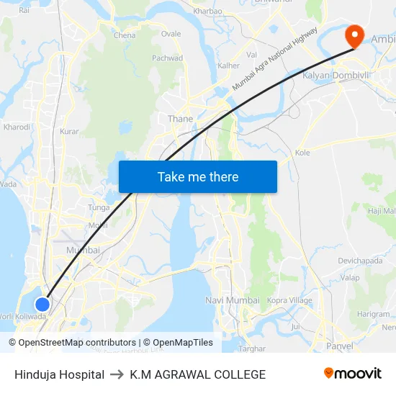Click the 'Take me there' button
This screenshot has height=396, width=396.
198,176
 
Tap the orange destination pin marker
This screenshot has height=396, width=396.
355,36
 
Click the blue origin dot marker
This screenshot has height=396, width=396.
42,305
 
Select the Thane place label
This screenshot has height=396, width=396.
180,119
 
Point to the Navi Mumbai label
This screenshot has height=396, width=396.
233,300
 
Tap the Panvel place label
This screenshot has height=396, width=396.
339,346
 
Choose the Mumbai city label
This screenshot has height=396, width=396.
83,250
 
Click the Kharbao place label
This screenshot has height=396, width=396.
208,12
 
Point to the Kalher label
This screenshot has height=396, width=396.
228,66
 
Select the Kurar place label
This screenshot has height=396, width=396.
69,132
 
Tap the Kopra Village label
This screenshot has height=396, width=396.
289,300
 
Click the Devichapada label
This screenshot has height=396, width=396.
361,260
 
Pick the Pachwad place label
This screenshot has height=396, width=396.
167,58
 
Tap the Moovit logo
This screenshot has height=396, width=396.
353,374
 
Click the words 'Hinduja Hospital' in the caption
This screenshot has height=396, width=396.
59,374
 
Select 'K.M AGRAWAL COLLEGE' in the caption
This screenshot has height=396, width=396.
198,374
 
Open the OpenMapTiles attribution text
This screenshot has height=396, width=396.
178,343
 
